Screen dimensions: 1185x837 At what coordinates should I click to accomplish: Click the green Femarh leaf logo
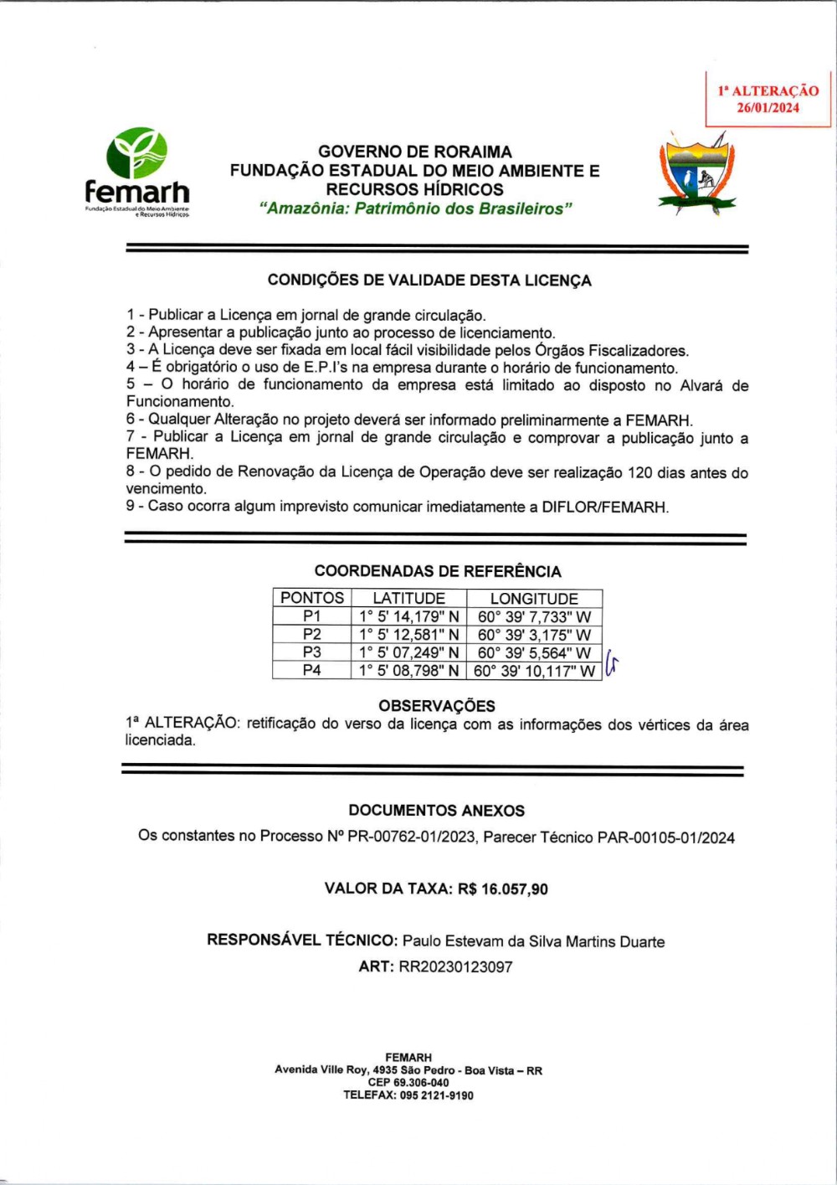pos(136,155)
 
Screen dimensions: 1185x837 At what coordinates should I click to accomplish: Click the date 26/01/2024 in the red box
pos(768,108)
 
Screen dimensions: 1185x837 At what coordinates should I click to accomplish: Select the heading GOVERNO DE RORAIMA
pos(414,152)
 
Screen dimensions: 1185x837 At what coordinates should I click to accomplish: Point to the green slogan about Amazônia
pos(415,209)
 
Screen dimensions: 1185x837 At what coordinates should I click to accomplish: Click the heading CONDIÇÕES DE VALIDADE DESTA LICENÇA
pos(429,281)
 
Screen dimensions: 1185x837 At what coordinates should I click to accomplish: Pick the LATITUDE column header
pos(408,598)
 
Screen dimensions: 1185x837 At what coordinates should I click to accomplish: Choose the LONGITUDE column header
pos(534,598)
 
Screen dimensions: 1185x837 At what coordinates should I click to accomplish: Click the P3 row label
pos(311,652)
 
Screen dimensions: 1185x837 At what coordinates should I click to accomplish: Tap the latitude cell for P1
pos(408,616)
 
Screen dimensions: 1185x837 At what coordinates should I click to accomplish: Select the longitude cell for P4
pos(534,671)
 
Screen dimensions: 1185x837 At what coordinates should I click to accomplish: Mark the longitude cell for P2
pos(534,635)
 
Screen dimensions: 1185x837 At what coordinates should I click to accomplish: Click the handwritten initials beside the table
pos(611,664)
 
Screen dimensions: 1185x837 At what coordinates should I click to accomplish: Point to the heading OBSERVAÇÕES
pos(436,706)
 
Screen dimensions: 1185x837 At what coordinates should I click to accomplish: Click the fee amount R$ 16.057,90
pos(502,889)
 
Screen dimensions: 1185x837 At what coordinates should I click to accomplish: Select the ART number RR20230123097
pos(455,966)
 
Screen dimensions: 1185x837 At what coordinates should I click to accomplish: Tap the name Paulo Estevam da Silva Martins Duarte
pos(533,941)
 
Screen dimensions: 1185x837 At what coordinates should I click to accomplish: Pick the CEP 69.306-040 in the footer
pos(408,1082)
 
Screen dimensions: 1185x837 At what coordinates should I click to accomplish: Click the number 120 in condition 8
pos(639,472)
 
